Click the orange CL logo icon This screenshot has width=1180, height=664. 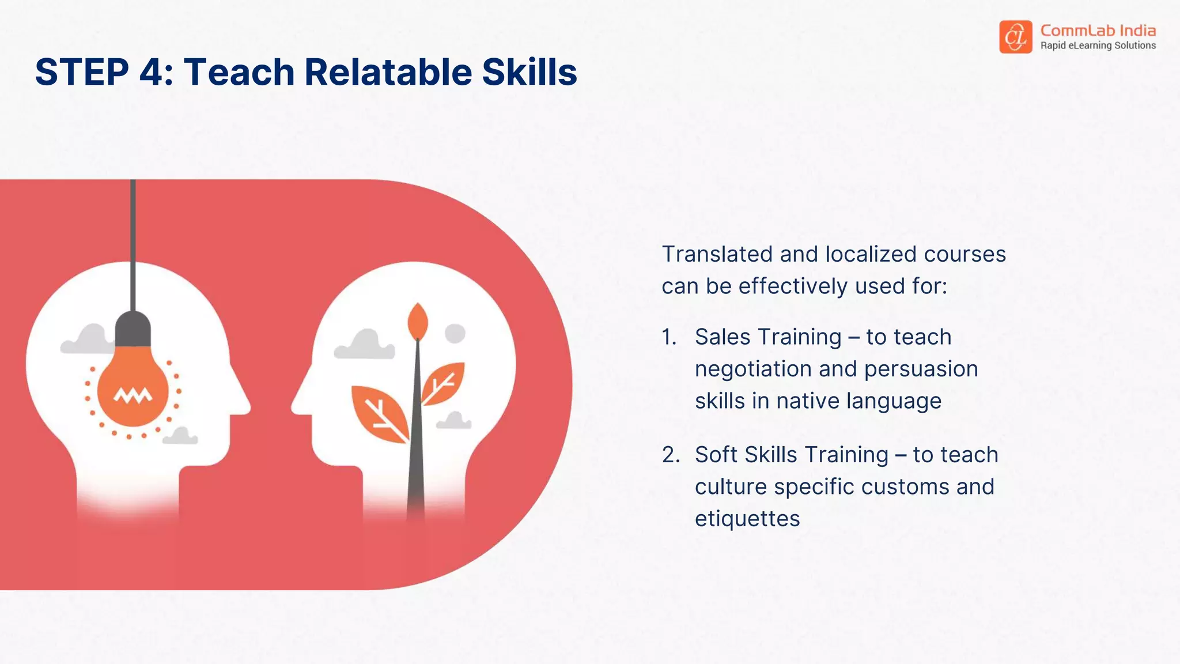coord(1015,37)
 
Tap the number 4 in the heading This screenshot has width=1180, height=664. coord(152,73)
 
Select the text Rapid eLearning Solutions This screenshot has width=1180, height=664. coord(1098,46)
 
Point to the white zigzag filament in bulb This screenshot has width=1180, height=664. coord(133,395)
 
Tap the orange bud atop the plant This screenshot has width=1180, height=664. coord(418,322)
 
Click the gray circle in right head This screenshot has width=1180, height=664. coord(455,333)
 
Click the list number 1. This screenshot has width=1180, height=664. coord(669,337)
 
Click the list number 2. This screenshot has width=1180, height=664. coord(671,455)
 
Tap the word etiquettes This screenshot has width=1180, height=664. coord(747,519)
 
